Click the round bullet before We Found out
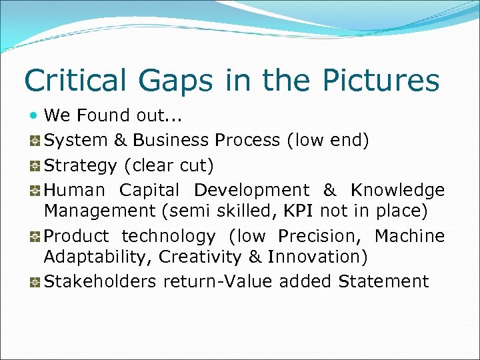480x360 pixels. click(35, 115)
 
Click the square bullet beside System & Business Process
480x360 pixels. click(35, 141)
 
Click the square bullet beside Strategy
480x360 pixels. click(35, 165)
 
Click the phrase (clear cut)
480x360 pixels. click(181, 165)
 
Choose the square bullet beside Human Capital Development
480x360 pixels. click(35, 191)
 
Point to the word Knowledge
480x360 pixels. click(397, 190)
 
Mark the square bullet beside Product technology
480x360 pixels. click(35, 237)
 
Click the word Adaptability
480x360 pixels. click(93, 257)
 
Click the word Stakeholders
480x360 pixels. click(99, 281)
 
